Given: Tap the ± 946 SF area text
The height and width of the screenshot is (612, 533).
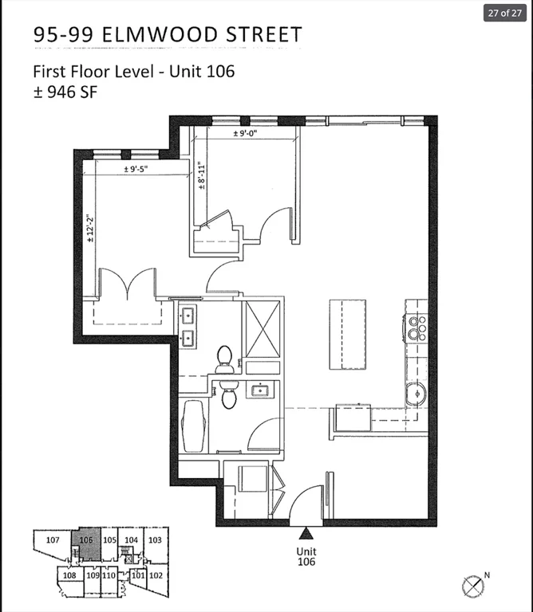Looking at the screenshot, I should [x=65, y=92].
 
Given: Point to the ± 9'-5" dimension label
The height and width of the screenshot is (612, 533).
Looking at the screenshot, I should [x=136, y=169].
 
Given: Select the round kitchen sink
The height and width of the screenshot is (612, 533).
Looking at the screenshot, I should [x=416, y=394].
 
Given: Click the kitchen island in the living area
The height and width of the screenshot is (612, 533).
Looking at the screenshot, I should [x=347, y=334].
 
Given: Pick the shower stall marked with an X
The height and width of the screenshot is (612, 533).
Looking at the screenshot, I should [x=263, y=329].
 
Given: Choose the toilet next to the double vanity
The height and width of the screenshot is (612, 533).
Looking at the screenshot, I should [x=224, y=359].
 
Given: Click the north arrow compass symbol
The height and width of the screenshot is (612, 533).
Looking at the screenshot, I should [x=473, y=587].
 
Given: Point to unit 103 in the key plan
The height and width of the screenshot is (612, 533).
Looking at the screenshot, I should [x=155, y=540].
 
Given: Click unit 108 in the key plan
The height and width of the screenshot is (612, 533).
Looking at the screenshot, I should [x=69, y=575].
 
